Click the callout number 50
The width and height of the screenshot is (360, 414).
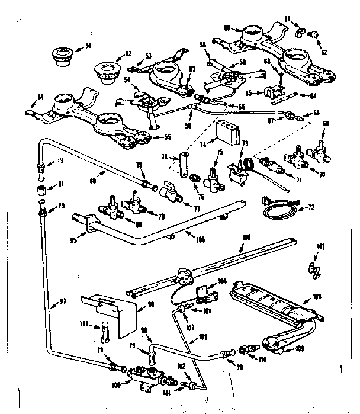(88, 45)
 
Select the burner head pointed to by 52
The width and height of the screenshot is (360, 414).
(104, 72)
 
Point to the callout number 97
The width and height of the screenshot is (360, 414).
(57, 303)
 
